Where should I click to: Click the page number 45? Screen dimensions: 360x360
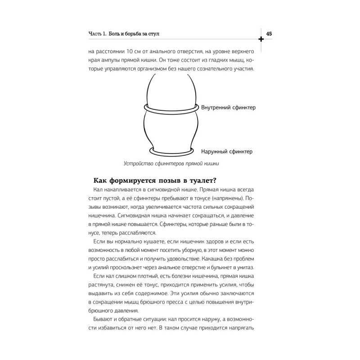[270, 33]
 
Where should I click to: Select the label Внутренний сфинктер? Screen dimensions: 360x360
[229, 108]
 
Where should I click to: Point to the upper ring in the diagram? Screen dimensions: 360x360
[170, 109]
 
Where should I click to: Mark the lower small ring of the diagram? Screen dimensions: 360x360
[171, 150]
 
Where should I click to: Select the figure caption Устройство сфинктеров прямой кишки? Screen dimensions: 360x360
[171, 164]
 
